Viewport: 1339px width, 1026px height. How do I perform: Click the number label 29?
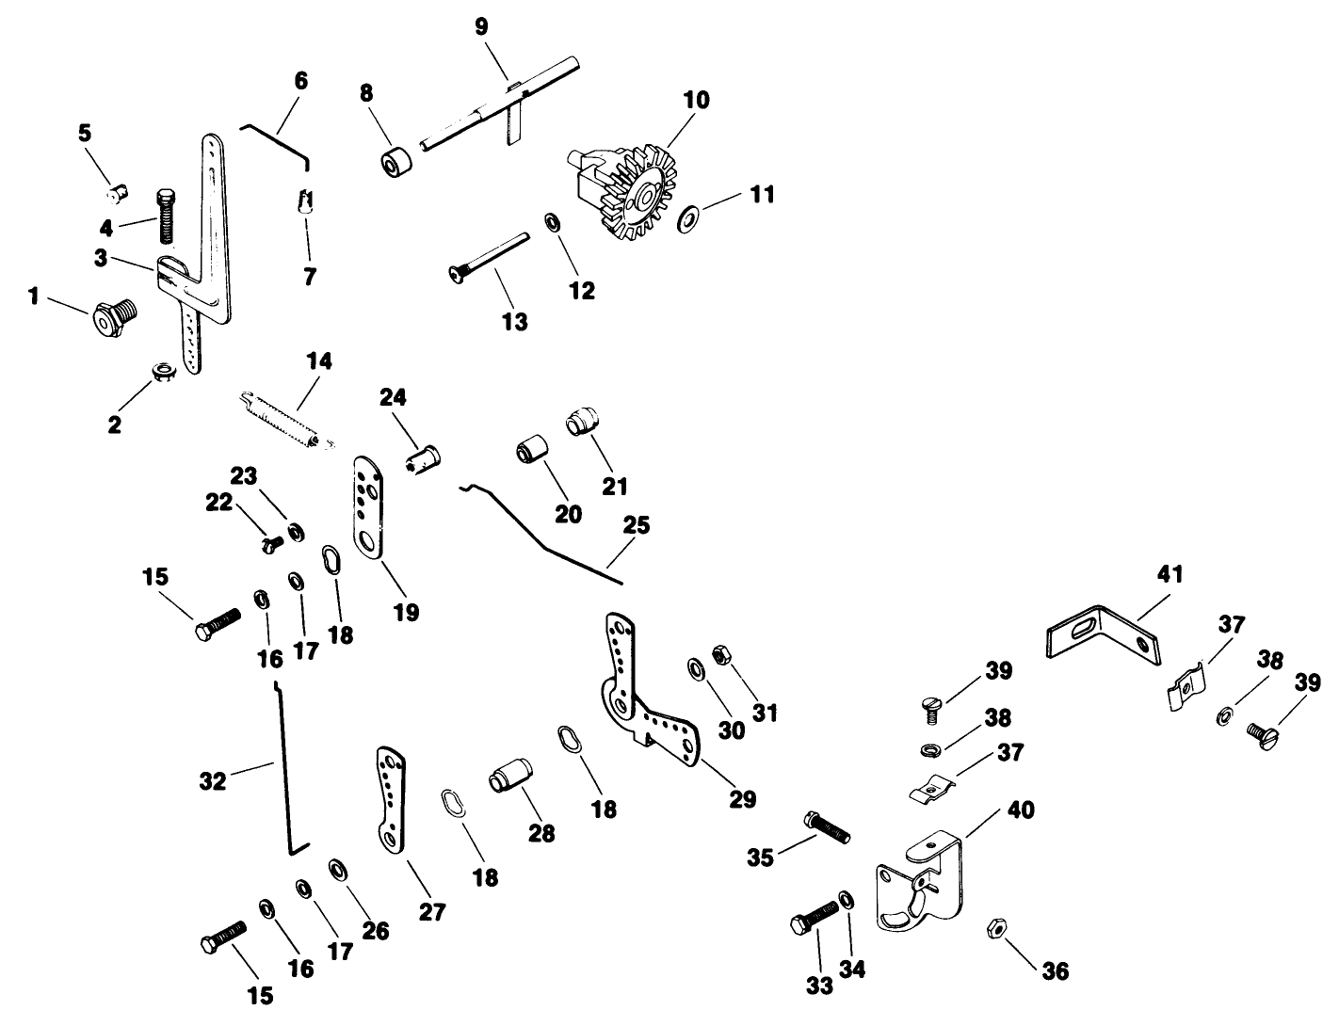click(x=742, y=799)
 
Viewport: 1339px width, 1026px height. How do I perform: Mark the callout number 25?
click(x=637, y=524)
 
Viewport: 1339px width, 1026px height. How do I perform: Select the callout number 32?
click(x=214, y=780)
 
